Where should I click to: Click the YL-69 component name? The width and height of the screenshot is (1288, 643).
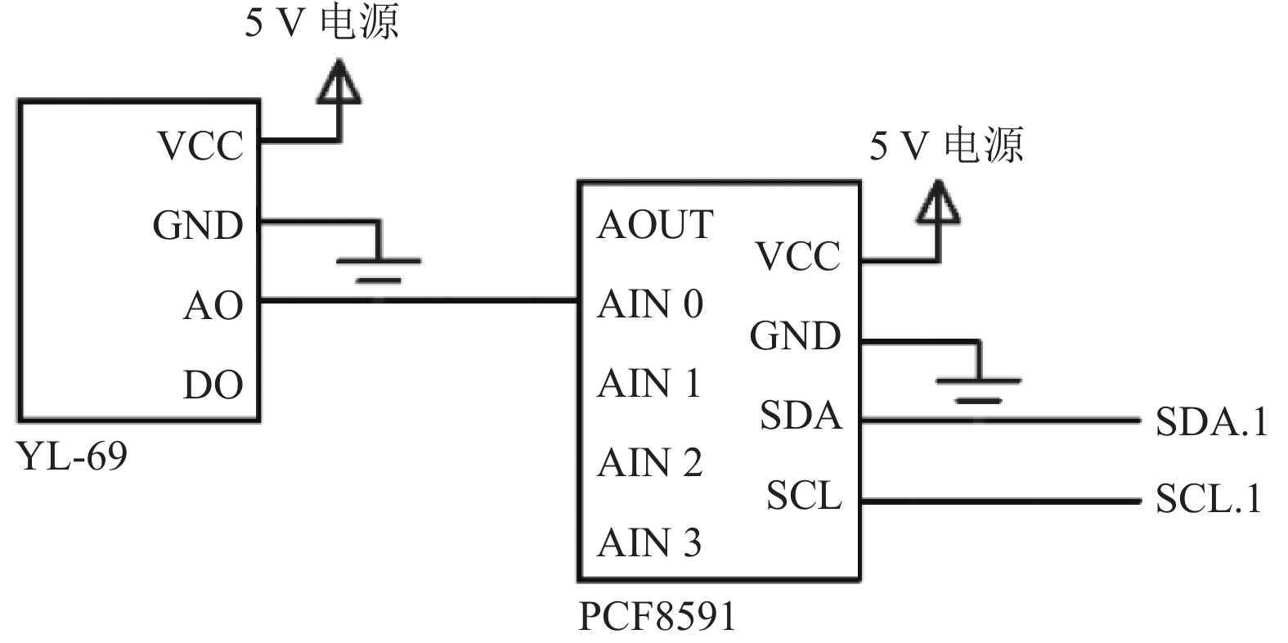pos(73,456)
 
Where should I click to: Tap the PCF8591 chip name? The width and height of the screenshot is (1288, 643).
pos(657,616)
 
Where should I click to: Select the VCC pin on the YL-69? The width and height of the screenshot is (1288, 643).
pos(200,145)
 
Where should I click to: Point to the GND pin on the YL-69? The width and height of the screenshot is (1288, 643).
pos(198,225)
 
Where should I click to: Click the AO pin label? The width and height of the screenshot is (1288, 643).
pos(213,305)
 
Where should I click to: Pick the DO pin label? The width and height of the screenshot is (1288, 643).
pos(213,384)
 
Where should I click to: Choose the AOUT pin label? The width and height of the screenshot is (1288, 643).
pos(656,224)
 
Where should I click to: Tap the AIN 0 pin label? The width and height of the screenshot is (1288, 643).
pos(650,304)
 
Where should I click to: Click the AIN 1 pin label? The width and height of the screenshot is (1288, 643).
pos(649,383)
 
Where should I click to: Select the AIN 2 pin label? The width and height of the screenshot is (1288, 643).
pos(650,462)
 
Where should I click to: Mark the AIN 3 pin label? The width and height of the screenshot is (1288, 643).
pos(650,542)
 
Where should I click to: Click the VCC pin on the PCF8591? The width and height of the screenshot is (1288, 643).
pos(798,256)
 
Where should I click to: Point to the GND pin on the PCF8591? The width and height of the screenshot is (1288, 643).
pos(796,335)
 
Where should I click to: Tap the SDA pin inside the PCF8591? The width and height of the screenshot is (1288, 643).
pos(801,415)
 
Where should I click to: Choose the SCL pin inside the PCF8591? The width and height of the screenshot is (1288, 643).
pos(805,495)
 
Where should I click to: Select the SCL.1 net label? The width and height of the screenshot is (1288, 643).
pos(1209,498)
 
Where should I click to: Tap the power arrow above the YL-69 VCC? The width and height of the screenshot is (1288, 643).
pos(339,82)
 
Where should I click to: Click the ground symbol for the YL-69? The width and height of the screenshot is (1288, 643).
pos(379,270)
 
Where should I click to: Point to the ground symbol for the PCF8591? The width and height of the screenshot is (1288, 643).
pos(979,390)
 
